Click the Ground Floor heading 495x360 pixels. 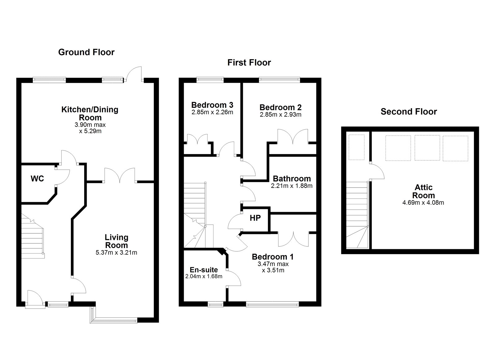86,52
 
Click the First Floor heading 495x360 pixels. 249,63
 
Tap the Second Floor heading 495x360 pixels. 409,112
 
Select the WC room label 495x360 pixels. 37,179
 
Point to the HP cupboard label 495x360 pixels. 255,218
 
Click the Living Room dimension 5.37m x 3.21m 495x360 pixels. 116,253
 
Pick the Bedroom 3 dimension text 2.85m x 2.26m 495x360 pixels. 212,112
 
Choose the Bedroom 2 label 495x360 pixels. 280,107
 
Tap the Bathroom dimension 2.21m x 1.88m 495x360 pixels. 292,186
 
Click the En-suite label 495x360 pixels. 204,270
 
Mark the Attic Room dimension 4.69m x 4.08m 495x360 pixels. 424,203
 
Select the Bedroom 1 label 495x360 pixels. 273,257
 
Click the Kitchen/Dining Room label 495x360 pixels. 90,113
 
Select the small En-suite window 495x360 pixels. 216,305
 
